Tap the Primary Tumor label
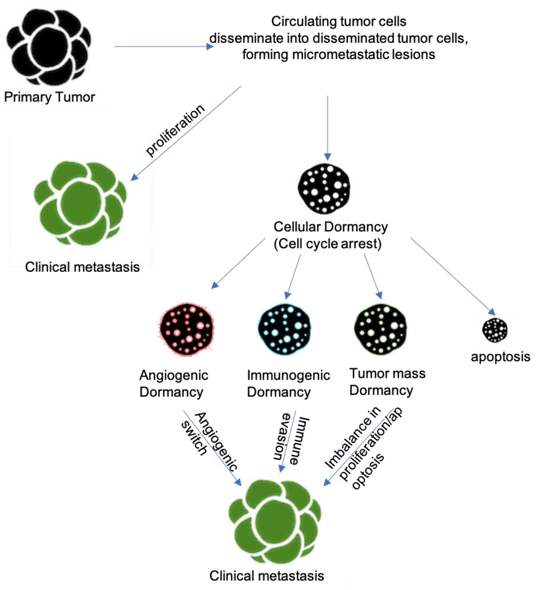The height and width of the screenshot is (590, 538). (x=49, y=97)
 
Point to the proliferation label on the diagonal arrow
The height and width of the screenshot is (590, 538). (x=175, y=130)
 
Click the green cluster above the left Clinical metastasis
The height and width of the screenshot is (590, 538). (x=80, y=203)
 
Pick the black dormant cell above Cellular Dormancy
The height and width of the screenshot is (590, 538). (x=324, y=188)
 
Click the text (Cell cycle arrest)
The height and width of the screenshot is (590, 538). (x=327, y=244)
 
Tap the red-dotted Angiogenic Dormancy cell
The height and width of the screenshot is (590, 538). (x=186, y=329)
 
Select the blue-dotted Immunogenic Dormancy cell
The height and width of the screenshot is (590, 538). (x=284, y=329)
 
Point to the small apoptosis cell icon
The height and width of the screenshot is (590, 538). (x=495, y=330)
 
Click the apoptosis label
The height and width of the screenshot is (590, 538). (x=500, y=357)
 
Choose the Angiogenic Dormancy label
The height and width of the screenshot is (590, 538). (x=174, y=384)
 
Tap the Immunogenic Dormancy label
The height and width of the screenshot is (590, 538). (x=288, y=384)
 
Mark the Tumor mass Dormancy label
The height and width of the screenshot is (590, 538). (x=387, y=382)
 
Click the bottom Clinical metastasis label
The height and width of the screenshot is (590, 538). (x=267, y=576)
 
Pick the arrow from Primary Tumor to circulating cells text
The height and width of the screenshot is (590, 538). (x=163, y=46)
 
